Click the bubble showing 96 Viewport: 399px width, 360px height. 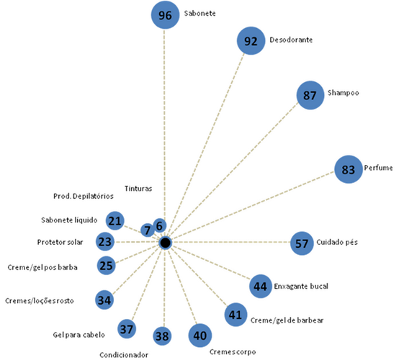point(165,15)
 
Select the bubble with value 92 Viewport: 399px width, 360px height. point(251,41)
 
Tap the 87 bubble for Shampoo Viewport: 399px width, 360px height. point(310,95)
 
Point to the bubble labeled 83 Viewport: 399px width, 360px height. point(349,169)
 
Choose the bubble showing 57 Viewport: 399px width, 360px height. point(302,243)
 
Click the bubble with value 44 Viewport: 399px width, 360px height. point(261,287)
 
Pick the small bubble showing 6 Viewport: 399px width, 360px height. point(160,225)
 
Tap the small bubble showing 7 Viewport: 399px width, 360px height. point(148,230)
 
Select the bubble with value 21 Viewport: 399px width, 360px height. point(115,220)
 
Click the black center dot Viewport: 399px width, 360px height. point(166,243)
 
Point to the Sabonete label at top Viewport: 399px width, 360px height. point(199,13)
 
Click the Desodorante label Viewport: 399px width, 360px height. point(291,40)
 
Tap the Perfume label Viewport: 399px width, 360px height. point(378,168)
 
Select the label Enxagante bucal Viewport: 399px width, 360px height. point(301,287)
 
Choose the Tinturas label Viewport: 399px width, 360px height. point(138,189)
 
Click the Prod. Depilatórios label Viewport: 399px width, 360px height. point(84,196)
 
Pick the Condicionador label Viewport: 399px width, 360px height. point(124,355)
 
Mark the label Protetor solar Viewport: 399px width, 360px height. point(60,242)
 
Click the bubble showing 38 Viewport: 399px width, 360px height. point(162,336)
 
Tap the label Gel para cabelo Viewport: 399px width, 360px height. point(79,335)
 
